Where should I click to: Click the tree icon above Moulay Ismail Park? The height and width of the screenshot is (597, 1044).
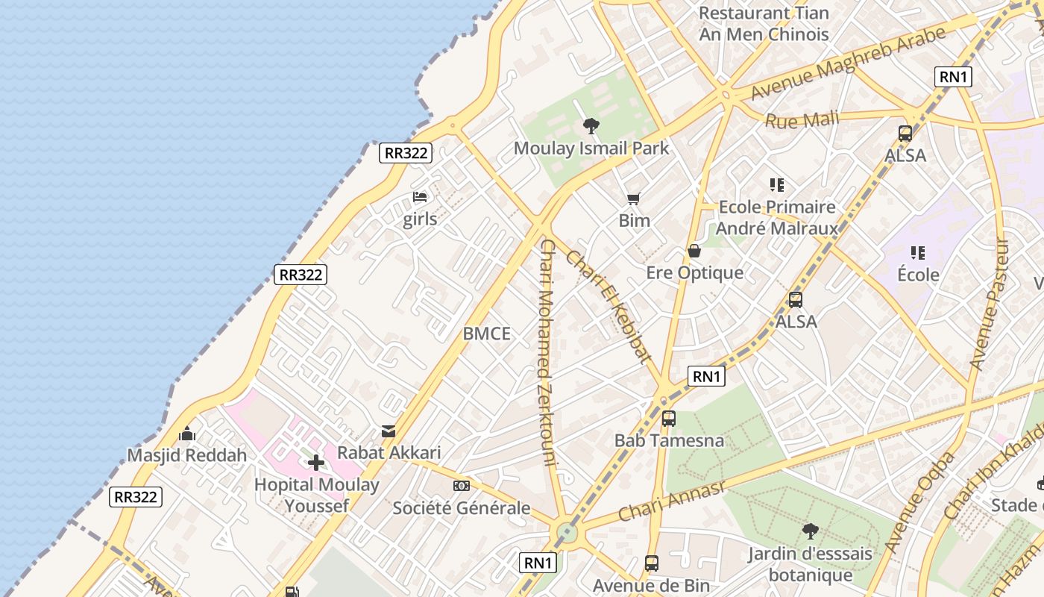[x=591, y=125]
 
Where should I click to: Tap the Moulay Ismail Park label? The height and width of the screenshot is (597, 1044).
[x=591, y=148]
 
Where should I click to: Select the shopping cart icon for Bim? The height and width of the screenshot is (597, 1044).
[x=634, y=199]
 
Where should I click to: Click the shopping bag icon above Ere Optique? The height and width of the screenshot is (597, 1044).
[x=694, y=251]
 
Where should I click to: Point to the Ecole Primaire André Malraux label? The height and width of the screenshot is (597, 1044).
[x=777, y=217]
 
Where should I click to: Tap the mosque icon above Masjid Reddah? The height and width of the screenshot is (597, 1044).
[x=186, y=434]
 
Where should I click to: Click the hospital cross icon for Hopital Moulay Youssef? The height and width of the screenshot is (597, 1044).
[x=316, y=463]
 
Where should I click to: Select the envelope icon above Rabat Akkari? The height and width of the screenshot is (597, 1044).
[x=389, y=431]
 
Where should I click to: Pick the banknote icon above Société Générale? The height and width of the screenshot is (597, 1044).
[x=462, y=486]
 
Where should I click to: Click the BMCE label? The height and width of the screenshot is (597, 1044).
[x=487, y=334]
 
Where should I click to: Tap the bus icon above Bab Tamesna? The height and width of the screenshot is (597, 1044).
[x=669, y=419]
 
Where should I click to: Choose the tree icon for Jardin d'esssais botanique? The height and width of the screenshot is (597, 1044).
[x=811, y=531]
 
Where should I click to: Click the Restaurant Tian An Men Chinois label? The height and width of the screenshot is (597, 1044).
[x=764, y=24]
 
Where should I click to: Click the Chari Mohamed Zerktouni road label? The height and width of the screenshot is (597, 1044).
[x=548, y=351]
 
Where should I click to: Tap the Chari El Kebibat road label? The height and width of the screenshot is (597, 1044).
[x=609, y=306]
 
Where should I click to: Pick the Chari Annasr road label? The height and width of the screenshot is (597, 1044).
[x=671, y=501]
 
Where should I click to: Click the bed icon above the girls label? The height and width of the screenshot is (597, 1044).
[x=420, y=197]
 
